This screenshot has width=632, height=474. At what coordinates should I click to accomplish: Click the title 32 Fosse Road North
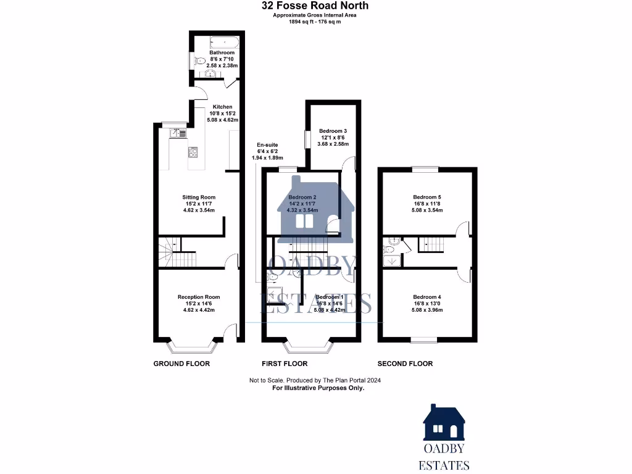pos(315,6)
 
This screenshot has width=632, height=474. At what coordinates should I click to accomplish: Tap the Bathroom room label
pos(222,53)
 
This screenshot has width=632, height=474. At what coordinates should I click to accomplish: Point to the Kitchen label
pos(222,107)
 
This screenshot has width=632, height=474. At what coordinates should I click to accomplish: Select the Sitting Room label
pos(199,197)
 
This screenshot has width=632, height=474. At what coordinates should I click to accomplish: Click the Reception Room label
pos(199,297)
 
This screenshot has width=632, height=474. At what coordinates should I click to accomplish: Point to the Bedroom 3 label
pos(333,131)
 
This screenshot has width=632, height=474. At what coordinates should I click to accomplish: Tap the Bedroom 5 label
pos(427,197)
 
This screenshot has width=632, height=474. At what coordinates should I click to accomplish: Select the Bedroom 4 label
pos(427,297)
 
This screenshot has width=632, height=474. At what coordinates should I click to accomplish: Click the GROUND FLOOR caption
pos(181,364)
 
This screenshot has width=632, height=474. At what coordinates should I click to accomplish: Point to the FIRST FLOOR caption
pos(285,364)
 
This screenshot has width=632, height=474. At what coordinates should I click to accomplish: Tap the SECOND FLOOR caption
pos(405,364)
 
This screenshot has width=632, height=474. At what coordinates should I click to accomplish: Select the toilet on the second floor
pos(389,249)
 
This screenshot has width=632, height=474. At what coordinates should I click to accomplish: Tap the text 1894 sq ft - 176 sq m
pos(315,22)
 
